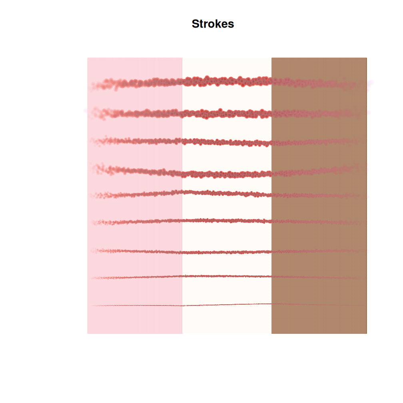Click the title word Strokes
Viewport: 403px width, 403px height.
point(213,24)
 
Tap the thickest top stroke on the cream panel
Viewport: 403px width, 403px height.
point(227,81)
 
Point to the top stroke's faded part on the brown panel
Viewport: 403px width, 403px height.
point(319,83)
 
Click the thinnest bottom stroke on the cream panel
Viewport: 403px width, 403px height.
point(227,305)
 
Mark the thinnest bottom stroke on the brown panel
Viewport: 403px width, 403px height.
point(319,305)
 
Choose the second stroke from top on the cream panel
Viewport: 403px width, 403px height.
point(227,114)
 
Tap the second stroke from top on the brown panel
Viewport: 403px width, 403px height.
point(319,114)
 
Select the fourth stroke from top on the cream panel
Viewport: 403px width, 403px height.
point(227,175)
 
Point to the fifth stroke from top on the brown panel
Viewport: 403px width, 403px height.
point(319,196)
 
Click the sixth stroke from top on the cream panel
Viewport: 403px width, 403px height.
point(227,221)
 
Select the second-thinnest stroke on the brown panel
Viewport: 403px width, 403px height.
point(319,277)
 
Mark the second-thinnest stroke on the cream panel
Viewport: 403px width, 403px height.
point(227,276)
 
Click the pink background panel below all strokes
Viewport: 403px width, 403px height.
point(135,320)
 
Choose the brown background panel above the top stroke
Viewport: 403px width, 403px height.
point(319,67)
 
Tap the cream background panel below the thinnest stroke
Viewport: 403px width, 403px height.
point(227,320)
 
